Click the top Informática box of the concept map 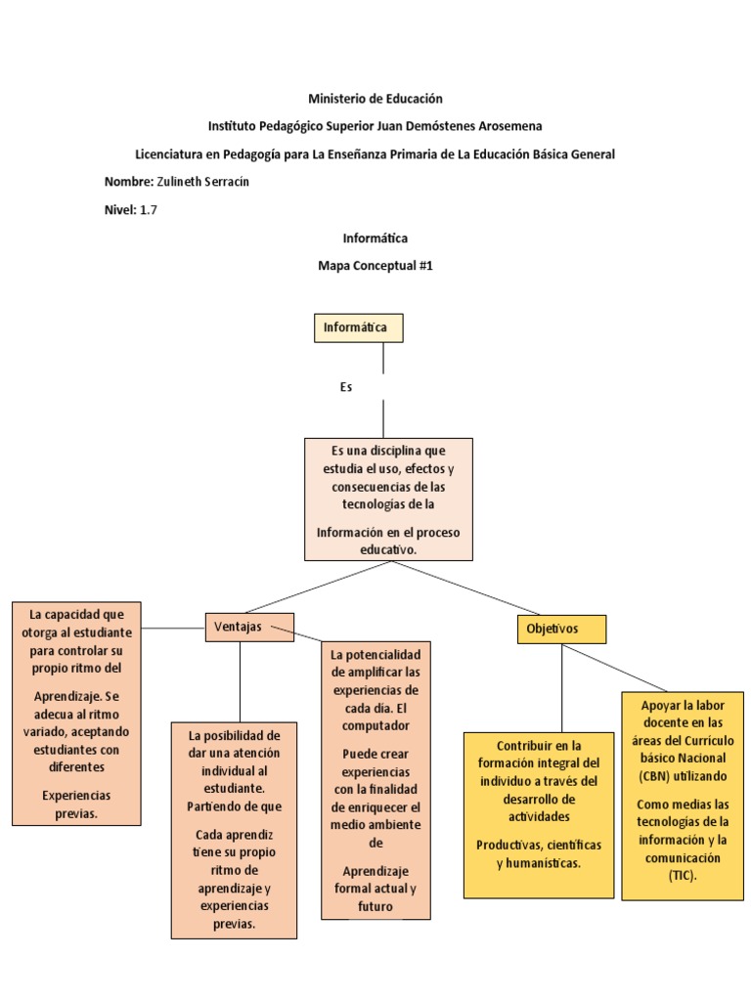[358, 327]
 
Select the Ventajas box [248, 627]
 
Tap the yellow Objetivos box [560, 629]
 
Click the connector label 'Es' [345, 387]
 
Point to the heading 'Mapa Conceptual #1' [375, 265]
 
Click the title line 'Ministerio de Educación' [375, 99]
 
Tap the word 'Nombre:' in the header [128, 182]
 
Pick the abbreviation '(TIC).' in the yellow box [683, 875]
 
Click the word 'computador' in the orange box [375, 725]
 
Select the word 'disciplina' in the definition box [397, 451]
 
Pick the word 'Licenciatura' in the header [168, 154]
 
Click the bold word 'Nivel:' [120, 209]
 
